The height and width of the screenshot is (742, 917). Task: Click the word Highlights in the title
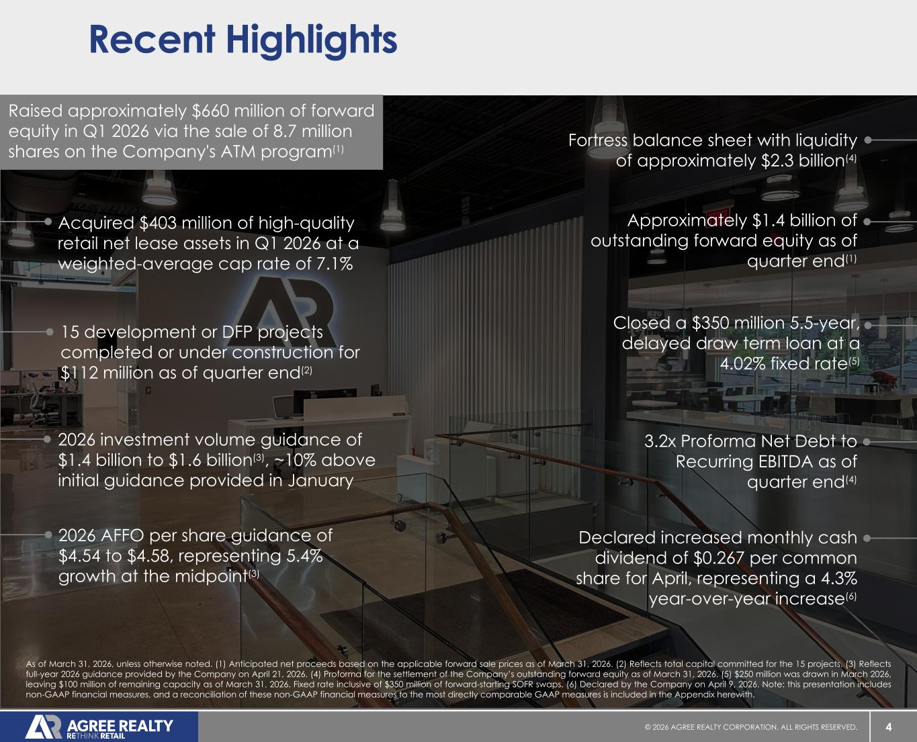pyautogui.click(x=311, y=41)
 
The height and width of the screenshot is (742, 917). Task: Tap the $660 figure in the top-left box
pyautogui.click(x=210, y=111)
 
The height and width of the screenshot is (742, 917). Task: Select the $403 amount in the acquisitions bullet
pyautogui.click(x=158, y=223)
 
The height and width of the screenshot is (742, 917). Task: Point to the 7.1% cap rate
pyautogui.click(x=335, y=263)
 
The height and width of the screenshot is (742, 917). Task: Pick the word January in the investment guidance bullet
pyautogui.click(x=320, y=480)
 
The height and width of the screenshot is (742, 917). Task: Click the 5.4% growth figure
pyautogui.click(x=304, y=555)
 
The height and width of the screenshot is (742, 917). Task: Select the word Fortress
pyautogui.click(x=597, y=140)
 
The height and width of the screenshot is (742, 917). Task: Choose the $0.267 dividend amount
pyautogui.click(x=719, y=558)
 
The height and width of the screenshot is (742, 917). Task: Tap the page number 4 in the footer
pyautogui.click(x=889, y=727)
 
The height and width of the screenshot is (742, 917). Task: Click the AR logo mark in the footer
pyautogui.click(x=44, y=727)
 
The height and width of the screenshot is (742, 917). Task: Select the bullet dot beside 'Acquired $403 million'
pyautogui.click(x=48, y=221)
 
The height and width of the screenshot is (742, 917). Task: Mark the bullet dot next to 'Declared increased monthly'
pyautogui.click(x=867, y=538)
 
